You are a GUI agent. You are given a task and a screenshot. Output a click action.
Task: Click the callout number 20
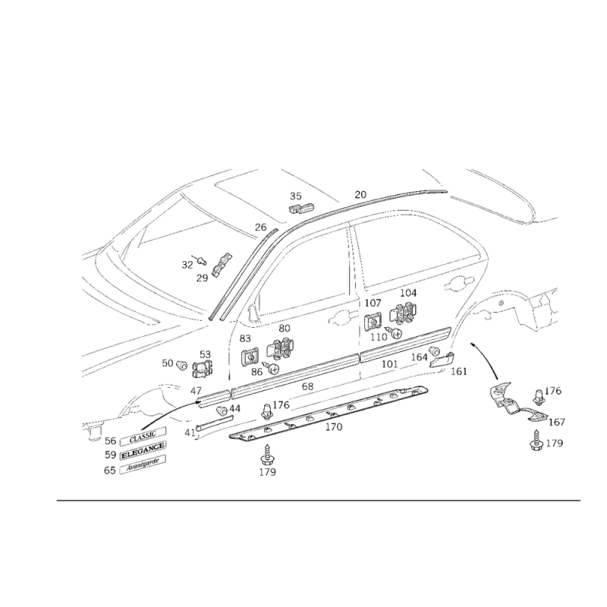(x=360, y=195)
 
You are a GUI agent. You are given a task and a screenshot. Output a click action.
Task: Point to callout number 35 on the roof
(x=296, y=197)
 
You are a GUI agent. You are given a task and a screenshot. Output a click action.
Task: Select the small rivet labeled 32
(x=200, y=261)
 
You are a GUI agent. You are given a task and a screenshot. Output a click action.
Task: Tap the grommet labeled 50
(x=181, y=365)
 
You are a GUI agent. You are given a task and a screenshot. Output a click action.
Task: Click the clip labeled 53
(x=202, y=369)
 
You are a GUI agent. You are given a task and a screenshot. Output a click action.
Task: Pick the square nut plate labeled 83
(x=250, y=357)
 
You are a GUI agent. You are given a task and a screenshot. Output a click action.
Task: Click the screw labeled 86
(x=271, y=367)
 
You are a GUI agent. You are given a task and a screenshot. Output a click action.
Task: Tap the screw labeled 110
(x=394, y=332)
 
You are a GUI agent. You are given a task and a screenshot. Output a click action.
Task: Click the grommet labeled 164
(x=435, y=352)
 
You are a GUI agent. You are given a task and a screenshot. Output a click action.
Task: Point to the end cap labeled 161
(x=442, y=360)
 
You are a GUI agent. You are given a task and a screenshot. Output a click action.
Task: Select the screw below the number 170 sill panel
(x=267, y=455)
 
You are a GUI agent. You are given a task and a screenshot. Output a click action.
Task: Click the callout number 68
(x=308, y=386)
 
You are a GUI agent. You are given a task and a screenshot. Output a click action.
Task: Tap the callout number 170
(x=334, y=427)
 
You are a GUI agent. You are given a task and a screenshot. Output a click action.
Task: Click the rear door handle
(x=460, y=284)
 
